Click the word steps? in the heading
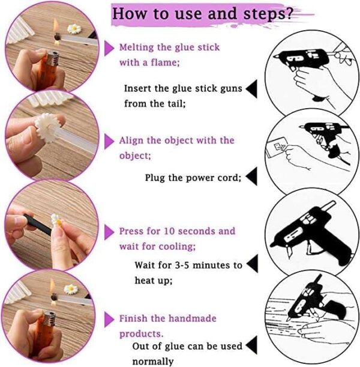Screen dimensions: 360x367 (x=268, y=14)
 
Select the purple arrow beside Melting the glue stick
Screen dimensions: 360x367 (x=109, y=49)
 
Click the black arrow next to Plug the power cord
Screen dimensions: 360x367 (x=251, y=176)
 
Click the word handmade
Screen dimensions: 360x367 (x=193, y=318)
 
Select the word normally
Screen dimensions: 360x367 (x=153, y=362)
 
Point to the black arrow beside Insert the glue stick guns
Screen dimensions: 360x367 (x=251, y=89)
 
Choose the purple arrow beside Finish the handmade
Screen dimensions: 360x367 (x=109, y=320)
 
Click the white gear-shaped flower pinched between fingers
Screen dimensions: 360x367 (x=48, y=129)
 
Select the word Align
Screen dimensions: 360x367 (x=131, y=141)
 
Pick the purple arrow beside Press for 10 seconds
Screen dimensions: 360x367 (x=109, y=232)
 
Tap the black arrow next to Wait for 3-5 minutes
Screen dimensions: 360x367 (x=252, y=264)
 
